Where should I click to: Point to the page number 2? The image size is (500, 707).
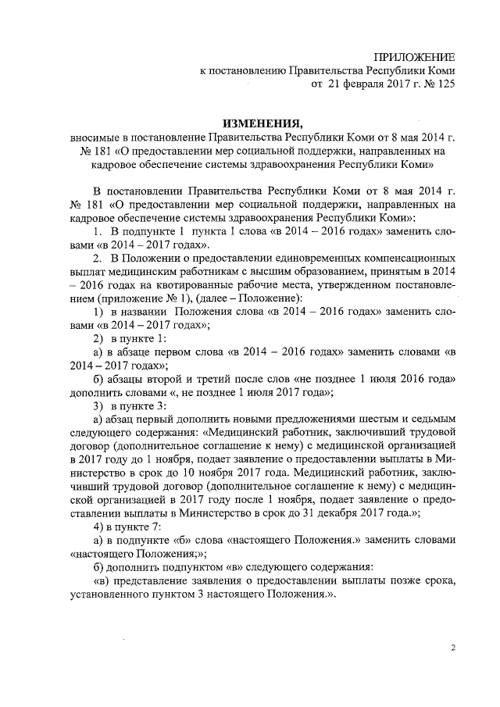(x=453, y=648)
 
